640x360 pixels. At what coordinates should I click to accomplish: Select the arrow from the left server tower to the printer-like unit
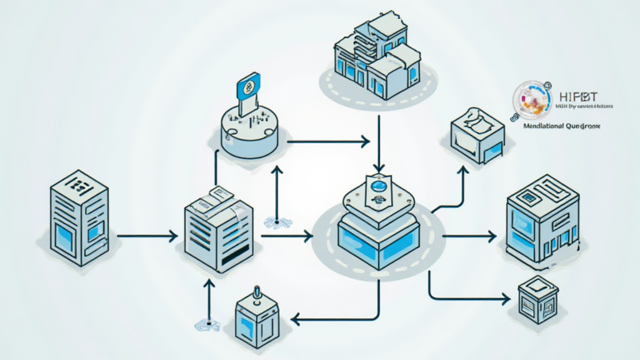(147, 236)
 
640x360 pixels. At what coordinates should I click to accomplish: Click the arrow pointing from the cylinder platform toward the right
(328, 142)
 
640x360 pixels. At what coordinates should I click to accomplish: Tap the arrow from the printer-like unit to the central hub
(286, 236)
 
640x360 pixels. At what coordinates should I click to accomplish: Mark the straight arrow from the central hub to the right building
(469, 236)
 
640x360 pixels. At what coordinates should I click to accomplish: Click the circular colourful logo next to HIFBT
(532, 99)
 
